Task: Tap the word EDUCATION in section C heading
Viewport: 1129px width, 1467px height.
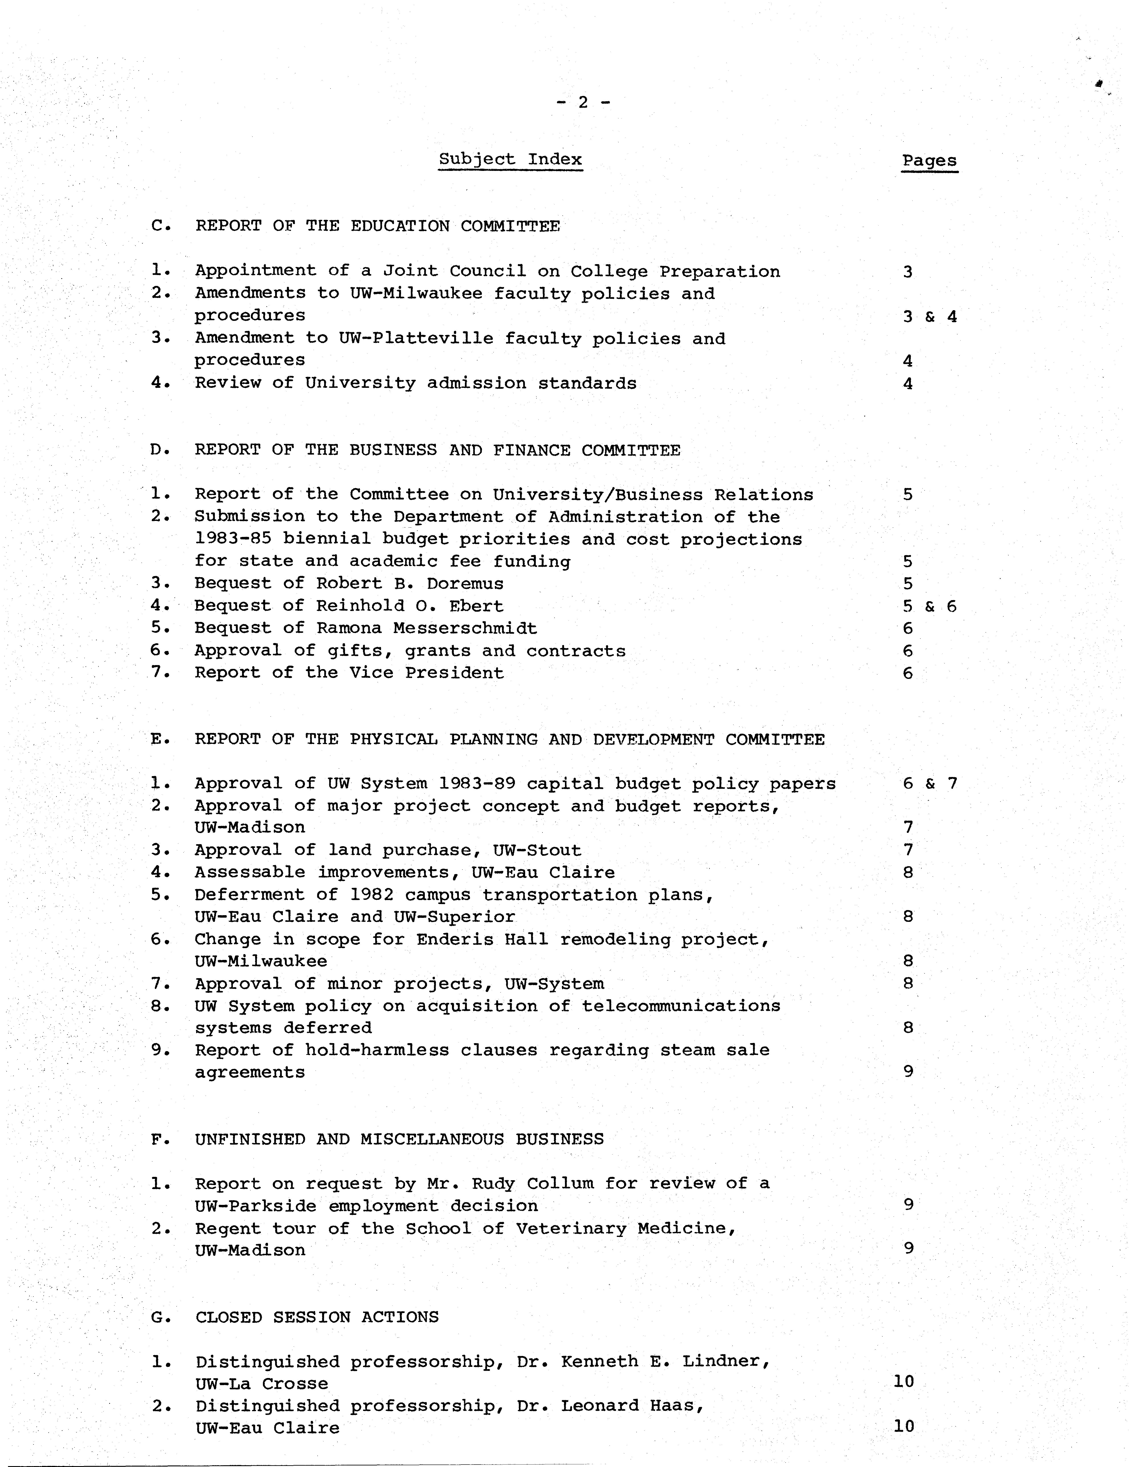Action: coord(400,226)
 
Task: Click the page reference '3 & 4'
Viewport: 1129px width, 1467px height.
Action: coord(929,316)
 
